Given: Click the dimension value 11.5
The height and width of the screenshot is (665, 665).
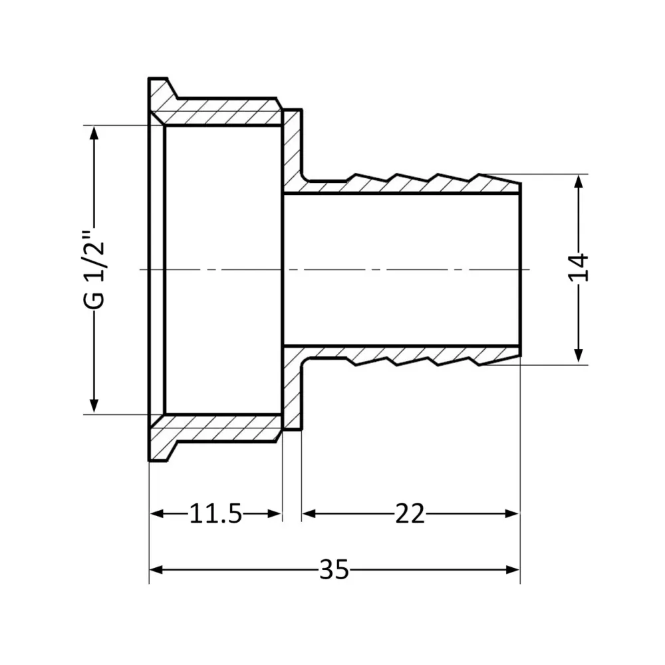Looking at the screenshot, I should click(x=215, y=513).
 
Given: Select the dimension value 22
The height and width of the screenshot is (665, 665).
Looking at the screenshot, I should click(x=410, y=513).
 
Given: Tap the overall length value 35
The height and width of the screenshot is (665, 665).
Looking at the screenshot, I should click(x=334, y=570).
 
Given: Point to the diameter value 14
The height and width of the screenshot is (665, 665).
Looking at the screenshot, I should click(x=580, y=268).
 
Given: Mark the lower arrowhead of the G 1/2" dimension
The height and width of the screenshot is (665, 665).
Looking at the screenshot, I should click(x=94, y=406).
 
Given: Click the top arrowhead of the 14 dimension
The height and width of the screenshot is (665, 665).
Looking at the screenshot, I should click(x=580, y=180).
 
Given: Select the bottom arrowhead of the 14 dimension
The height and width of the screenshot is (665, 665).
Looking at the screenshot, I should click(x=580, y=357).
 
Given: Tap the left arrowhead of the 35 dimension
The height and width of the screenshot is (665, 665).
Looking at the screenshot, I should click(x=156, y=570).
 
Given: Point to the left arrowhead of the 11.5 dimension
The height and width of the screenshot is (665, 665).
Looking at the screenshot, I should click(x=156, y=513).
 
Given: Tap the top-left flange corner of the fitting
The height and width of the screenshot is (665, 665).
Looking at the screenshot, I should click(x=150, y=80).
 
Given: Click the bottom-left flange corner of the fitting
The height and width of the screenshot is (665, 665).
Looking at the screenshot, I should click(x=150, y=459).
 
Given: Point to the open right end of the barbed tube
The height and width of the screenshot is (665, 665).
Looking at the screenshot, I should click(x=519, y=269).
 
